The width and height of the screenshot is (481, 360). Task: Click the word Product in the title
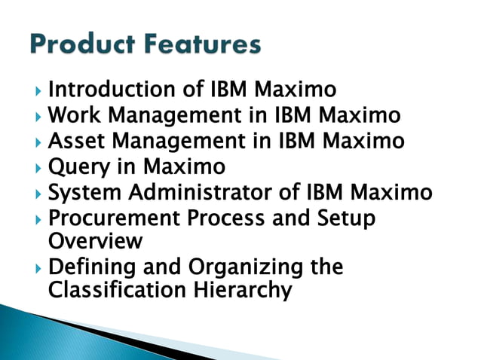coord(75,45)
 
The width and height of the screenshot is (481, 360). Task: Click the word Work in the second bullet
coord(72,116)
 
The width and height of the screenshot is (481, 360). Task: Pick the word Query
coord(75,166)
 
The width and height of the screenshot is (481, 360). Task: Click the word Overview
coord(95,241)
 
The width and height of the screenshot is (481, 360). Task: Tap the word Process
coord(227,218)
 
